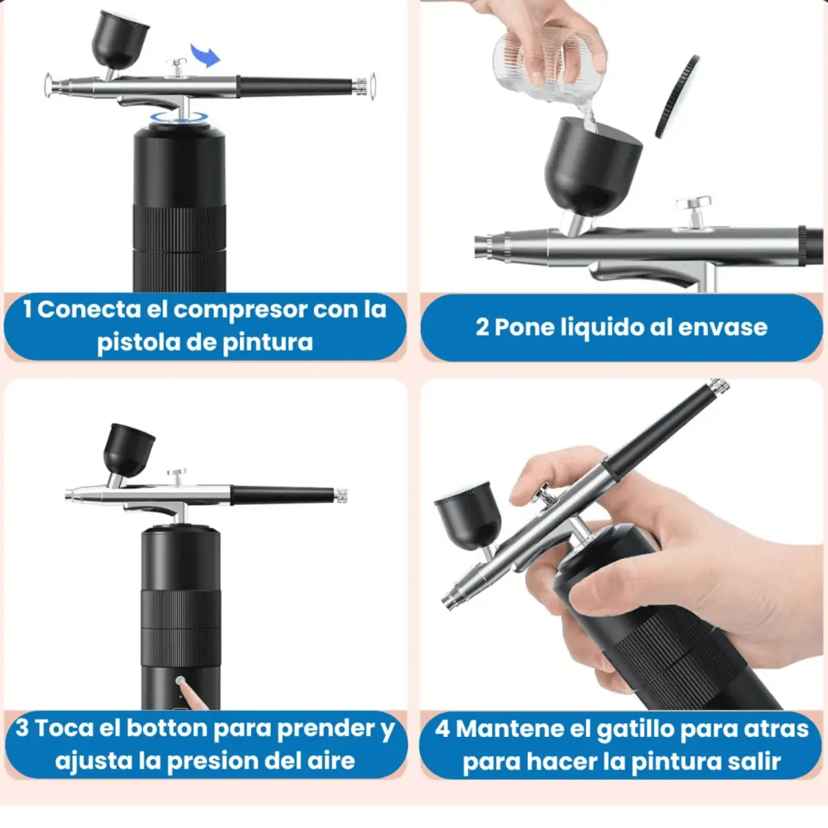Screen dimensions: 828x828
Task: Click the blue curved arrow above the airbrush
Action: coord(206,55)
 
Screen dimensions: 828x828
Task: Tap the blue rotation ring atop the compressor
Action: coord(179,117)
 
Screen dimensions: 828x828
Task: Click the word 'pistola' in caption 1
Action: coord(137,342)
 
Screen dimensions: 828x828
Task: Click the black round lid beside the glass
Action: coord(677,96)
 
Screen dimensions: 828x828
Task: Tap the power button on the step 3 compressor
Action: coord(181,681)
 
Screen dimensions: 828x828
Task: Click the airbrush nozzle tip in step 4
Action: coord(448,602)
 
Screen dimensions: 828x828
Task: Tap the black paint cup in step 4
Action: coord(469,515)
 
